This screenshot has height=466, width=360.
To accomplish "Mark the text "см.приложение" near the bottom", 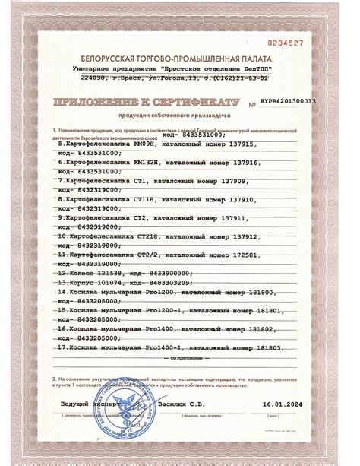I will (x=185, y=357).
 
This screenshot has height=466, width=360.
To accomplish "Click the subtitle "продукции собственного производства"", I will (x=180, y=116).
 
